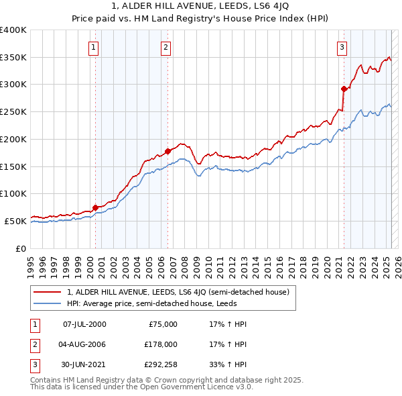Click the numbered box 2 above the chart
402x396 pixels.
click(x=165, y=47)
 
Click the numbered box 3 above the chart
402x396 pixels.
click(x=342, y=47)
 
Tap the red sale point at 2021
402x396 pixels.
click(x=344, y=89)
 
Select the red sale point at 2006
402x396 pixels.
click(x=167, y=151)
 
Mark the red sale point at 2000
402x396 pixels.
click(x=95, y=207)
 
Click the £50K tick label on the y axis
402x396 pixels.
click(x=16, y=221)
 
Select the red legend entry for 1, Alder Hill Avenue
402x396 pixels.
click(x=178, y=292)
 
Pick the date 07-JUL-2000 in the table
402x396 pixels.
click(x=84, y=324)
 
